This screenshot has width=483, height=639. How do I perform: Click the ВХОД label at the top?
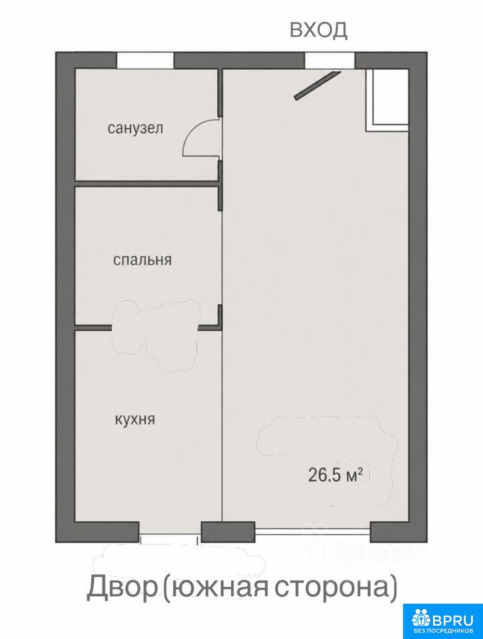318,30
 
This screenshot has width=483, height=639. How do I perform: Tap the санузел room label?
135,128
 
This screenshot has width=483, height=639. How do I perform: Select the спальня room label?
142,260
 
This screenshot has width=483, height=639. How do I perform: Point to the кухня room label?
135,419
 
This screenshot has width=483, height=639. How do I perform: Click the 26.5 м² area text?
336,475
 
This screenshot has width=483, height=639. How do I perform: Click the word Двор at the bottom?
123,587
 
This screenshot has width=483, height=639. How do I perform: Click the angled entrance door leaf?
317,85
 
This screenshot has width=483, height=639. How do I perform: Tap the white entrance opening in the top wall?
330,61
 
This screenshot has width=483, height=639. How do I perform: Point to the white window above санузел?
146,61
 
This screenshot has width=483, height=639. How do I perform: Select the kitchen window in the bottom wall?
170,538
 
